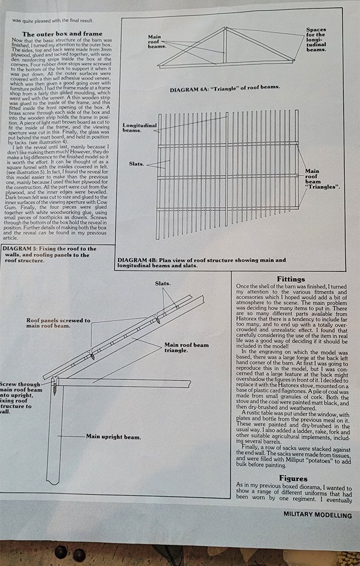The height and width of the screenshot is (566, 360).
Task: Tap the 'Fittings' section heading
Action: pyautogui.click(x=290, y=279)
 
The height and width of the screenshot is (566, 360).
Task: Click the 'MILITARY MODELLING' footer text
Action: pyautogui.click(x=317, y=514)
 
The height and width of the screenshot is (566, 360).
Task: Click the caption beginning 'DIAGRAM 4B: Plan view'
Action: pyautogui.click(x=202, y=263)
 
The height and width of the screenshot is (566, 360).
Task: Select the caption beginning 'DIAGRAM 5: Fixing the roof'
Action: pyautogui.click(x=49, y=254)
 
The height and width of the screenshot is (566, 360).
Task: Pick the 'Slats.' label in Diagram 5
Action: pyautogui.click(x=163, y=283)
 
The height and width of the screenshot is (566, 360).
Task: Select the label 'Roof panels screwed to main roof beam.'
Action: pyautogui.click(x=58, y=323)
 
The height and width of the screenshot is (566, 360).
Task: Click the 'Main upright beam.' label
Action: pyautogui.click(x=112, y=436)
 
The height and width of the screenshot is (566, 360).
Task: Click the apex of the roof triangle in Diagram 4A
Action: pyautogui.click(x=224, y=28)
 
